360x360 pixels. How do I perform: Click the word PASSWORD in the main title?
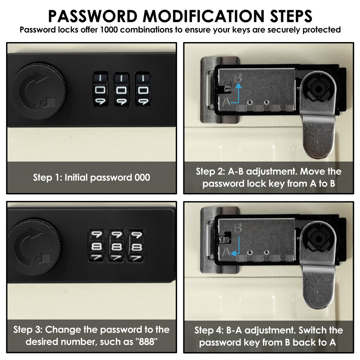(93, 16)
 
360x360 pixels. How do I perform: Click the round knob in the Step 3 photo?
(34, 247)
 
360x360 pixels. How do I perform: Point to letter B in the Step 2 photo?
(238, 78)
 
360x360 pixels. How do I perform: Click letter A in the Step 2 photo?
(226, 102)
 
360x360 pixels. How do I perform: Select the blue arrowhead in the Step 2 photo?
(239, 86)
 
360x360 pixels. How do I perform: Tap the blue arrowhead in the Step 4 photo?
(234, 253)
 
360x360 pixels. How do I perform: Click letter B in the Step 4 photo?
(238, 228)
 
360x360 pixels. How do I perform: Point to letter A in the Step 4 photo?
(226, 252)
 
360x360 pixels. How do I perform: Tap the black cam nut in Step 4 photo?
(319, 239)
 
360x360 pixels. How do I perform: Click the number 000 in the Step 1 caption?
(142, 177)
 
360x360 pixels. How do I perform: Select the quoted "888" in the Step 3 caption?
(145, 342)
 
